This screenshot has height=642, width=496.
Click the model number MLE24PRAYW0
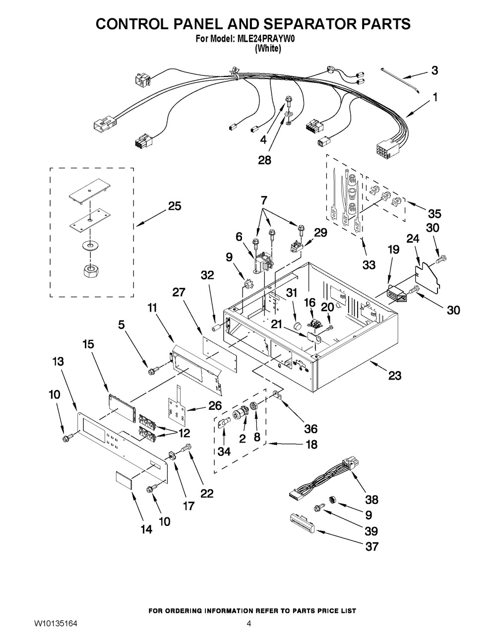pos(267,39)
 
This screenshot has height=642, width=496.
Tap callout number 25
pos(175,206)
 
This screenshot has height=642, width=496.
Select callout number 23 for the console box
pos(395,376)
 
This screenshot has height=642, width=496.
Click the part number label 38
pos(372,500)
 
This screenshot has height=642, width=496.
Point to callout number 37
pos(372,546)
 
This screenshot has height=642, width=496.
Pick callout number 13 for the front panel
pos(59,362)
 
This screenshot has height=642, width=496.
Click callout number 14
pos(146,529)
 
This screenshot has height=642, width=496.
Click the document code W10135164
pos(56,624)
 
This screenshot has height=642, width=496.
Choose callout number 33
pos(369,265)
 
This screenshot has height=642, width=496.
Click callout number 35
pos(434,214)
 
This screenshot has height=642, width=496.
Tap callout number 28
pos(264,161)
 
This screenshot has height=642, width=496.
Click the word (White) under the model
pos(268,49)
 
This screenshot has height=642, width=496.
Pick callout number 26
pos(214,406)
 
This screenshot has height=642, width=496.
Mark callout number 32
pos(207,275)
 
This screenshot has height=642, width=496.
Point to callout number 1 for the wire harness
pos(435,97)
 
